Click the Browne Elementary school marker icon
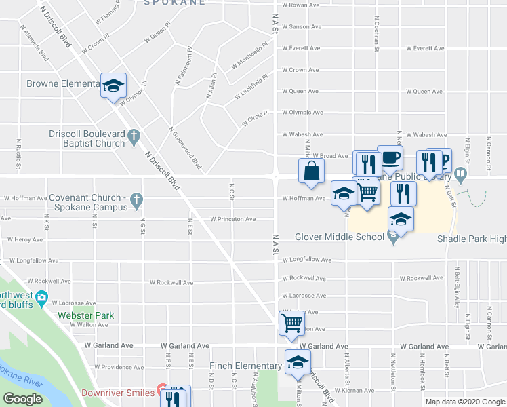113,85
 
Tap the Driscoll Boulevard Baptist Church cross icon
134,135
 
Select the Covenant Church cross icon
136,199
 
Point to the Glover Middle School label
340,237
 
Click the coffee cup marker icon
390,158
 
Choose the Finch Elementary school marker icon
297,363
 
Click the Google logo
23,399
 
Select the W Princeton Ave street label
232,219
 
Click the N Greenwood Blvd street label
185,147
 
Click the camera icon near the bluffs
42,297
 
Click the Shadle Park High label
472,239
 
